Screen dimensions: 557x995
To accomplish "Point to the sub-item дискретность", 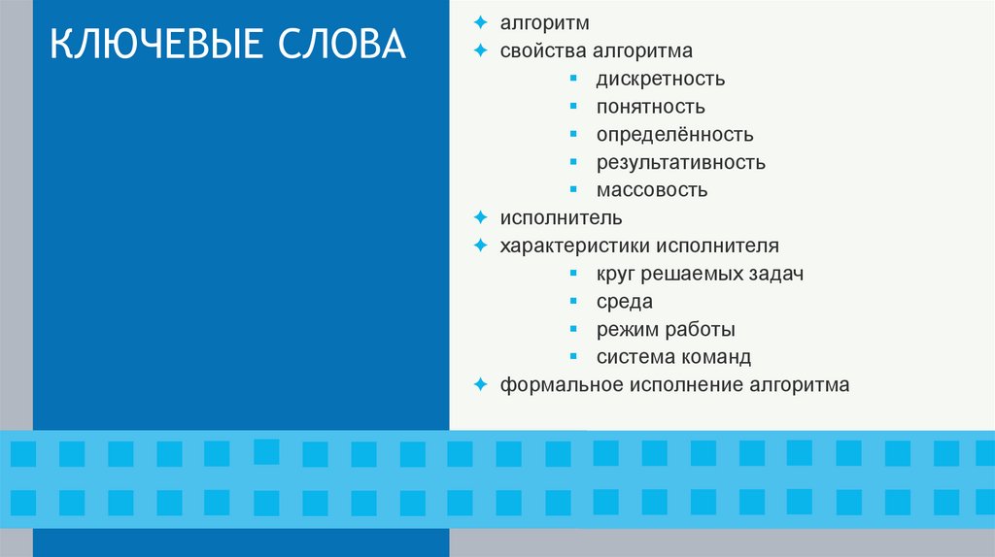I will pyautogui.click(x=661, y=79).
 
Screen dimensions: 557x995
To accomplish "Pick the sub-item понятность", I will pyautogui.click(x=651, y=107).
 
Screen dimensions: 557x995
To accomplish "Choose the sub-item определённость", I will pyautogui.click(x=675, y=135).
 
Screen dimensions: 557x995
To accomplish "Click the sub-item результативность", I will pyautogui.click(x=681, y=162).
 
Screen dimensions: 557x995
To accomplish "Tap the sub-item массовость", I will pyautogui.click(x=652, y=190).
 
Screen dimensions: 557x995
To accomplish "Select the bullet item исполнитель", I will pyautogui.click(x=562, y=218).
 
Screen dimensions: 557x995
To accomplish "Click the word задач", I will pyautogui.click(x=775, y=274).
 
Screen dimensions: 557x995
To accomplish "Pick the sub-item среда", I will pyautogui.click(x=625, y=302).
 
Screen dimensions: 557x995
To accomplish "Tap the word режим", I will pyautogui.click(x=626, y=330).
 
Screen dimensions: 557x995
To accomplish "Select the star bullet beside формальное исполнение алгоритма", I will pyautogui.click(x=480, y=385).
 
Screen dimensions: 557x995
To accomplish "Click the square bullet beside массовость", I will pyautogui.click(x=575, y=189).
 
